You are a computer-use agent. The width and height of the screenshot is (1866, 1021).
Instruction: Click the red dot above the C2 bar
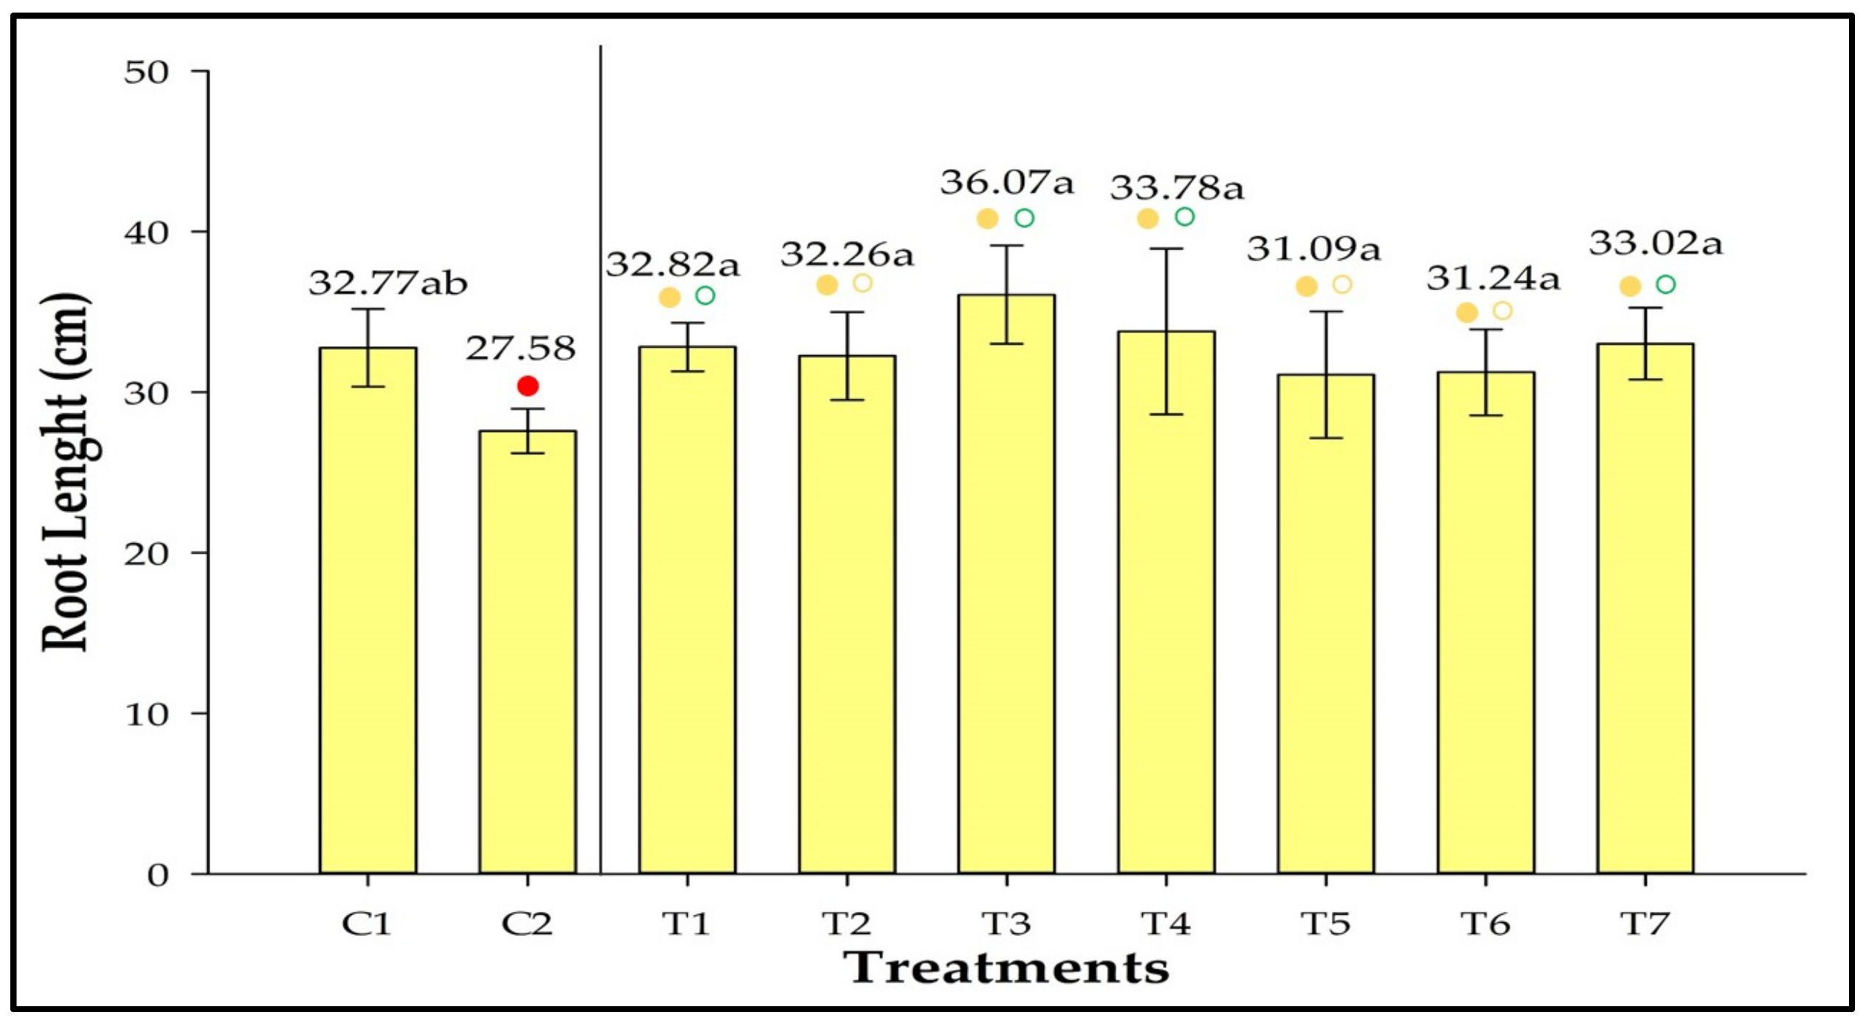[528, 385]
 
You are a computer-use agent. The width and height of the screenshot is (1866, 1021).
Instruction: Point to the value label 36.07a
[1006, 182]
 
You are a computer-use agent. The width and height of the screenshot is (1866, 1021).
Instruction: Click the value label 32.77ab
[388, 283]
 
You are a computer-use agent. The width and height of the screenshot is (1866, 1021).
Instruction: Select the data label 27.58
[520, 348]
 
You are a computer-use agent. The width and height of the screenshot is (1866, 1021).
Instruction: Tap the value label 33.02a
[1656, 243]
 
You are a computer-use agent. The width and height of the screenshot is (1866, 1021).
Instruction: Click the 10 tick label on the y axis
[146, 714]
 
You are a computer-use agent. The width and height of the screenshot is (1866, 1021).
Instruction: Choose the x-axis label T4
[1166, 924]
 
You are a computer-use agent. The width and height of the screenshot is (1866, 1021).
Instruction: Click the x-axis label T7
[1645, 924]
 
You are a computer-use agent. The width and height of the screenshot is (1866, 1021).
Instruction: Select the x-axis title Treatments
[1006, 968]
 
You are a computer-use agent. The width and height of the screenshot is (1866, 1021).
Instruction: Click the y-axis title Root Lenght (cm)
[67, 472]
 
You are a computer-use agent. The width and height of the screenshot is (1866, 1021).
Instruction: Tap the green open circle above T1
[705, 296]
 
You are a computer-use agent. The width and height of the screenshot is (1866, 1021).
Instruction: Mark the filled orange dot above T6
[1467, 313]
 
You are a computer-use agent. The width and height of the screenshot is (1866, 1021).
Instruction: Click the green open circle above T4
[1184, 217]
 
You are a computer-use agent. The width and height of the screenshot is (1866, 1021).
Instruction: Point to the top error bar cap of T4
[1166, 249]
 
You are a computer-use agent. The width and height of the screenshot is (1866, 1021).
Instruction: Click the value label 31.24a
[1493, 278]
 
